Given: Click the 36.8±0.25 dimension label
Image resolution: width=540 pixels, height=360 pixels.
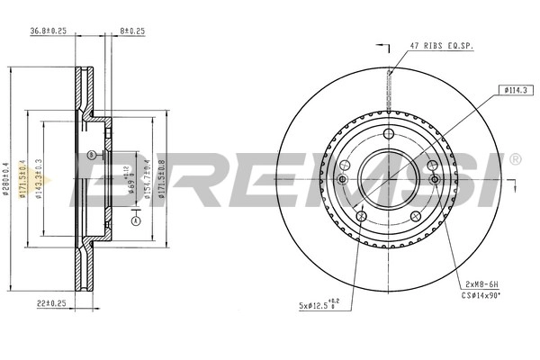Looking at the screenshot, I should tap(50, 31).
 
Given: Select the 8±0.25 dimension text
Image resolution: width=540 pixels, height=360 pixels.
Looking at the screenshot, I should tap(132, 31).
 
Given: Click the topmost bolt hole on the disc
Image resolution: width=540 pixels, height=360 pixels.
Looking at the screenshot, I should tap(388, 134).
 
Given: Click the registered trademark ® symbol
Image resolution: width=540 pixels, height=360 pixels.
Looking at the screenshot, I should tap(515, 159).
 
